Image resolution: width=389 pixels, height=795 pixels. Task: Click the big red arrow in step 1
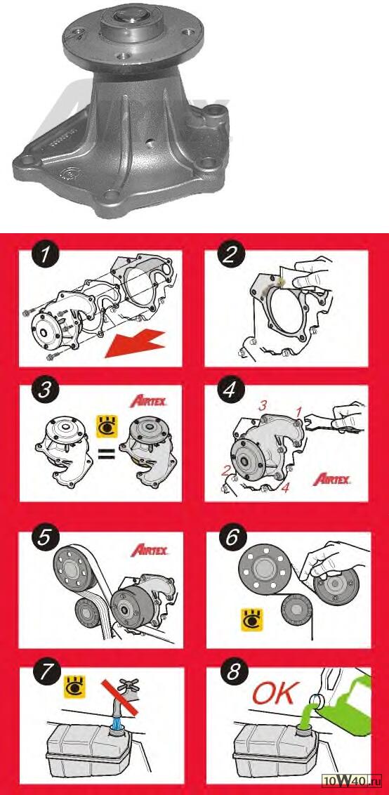coord(135,343)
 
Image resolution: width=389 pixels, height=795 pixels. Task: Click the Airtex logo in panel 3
coord(149,402)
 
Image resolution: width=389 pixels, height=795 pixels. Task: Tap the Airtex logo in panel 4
coord(331,478)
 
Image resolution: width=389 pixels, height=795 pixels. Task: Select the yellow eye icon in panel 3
coord(107,426)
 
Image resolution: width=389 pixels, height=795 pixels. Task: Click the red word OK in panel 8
coord(274,694)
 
